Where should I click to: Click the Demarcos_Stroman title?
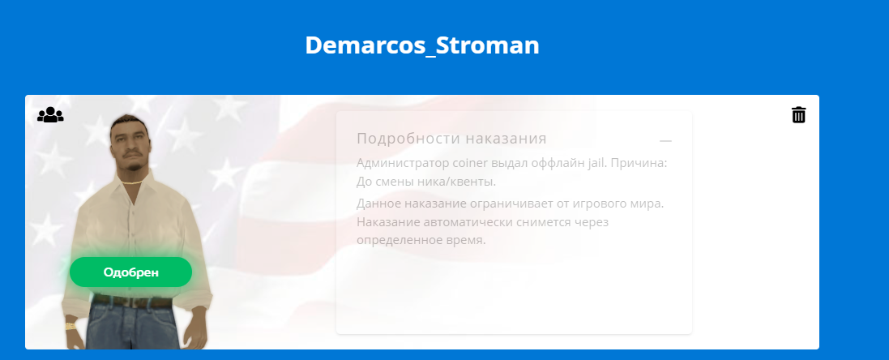pos(422,45)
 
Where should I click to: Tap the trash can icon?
pos(798,114)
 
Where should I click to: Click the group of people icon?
pos(50,115)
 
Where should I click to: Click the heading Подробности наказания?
pos(451,139)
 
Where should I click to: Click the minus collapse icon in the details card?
pos(665,140)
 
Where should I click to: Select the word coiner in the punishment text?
pos(469,163)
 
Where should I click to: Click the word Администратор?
pos(403,163)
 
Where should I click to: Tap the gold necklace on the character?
pos(133,182)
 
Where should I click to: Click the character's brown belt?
pos(132,302)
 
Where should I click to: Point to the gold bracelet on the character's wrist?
pos(71,326)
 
